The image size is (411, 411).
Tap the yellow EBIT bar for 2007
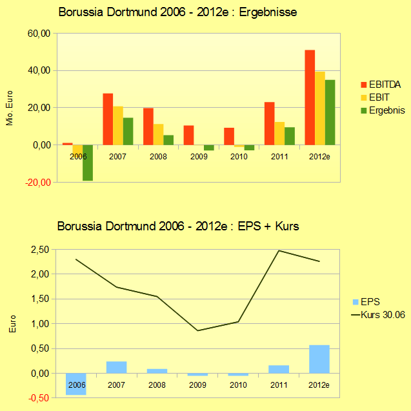click(x=118, y=125)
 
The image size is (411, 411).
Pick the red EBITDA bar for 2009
click(x=188, y=135)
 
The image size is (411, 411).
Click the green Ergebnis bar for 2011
click(x=290, y=136)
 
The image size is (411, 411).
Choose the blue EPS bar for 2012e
click(x=319, y=359)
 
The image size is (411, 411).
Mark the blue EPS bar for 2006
click(x=76, y=383)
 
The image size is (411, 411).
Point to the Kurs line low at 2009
click(x=198, y=330)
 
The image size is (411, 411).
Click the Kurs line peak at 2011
click(x=279, y=251)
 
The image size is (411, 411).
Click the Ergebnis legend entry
click(x=386, y=110)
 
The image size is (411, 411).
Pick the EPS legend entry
click(x=370, y=301)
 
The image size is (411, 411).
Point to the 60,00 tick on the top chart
click(x=38, y=34)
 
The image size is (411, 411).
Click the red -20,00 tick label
click(x=38, y=183)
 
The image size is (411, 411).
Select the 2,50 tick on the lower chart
click(x=41, y=249)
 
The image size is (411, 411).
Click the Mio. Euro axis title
click(x=10, y=108)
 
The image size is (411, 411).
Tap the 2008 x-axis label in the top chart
click(x=159, y=156)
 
